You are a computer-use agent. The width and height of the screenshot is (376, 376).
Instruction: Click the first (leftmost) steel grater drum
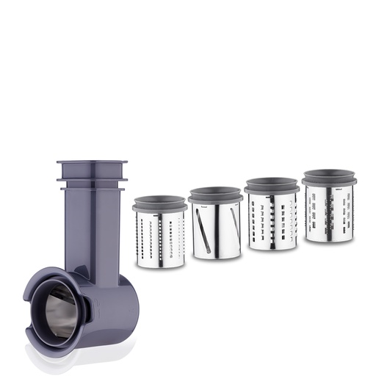click(x=160, y=239)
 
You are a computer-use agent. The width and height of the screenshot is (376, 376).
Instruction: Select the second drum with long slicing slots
click(x=216, y=231)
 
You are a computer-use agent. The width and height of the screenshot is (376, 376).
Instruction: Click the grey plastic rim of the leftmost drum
click(x=160, y=206)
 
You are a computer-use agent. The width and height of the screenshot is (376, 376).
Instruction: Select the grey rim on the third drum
click(x=271, y=189)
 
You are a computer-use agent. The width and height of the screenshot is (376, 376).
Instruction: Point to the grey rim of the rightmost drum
click(x=328, y=181)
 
